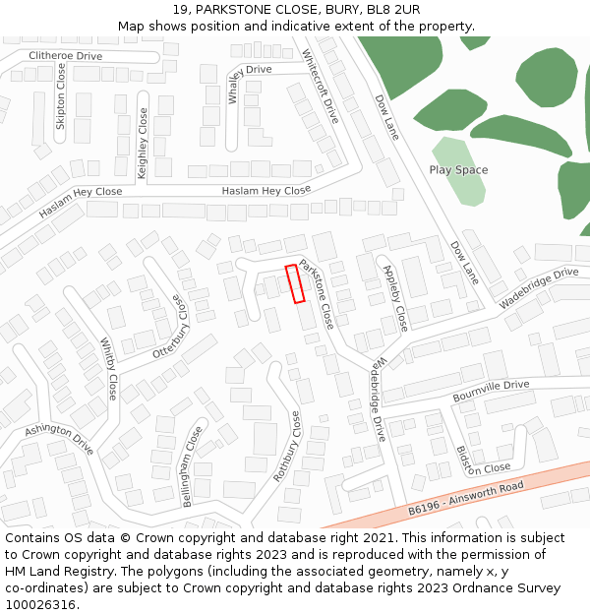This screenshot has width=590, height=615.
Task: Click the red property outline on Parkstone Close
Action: (294, 283)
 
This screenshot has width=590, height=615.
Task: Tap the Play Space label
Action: (458, 170)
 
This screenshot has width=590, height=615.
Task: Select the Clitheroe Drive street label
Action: (65, 56)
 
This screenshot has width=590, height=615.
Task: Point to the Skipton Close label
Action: (61, 97)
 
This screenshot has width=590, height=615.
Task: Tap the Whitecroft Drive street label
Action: (320, 86)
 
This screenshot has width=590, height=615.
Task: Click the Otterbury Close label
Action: (167, 326)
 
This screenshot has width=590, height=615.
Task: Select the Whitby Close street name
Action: (109, 369)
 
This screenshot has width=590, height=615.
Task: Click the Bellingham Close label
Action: (193, 466)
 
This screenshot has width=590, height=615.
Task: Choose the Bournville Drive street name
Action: (491, 390)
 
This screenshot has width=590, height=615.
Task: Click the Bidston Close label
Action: (482, 460)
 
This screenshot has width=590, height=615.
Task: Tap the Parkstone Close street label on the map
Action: (318, 293)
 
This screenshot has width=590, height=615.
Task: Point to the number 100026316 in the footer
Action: (40, 605)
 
